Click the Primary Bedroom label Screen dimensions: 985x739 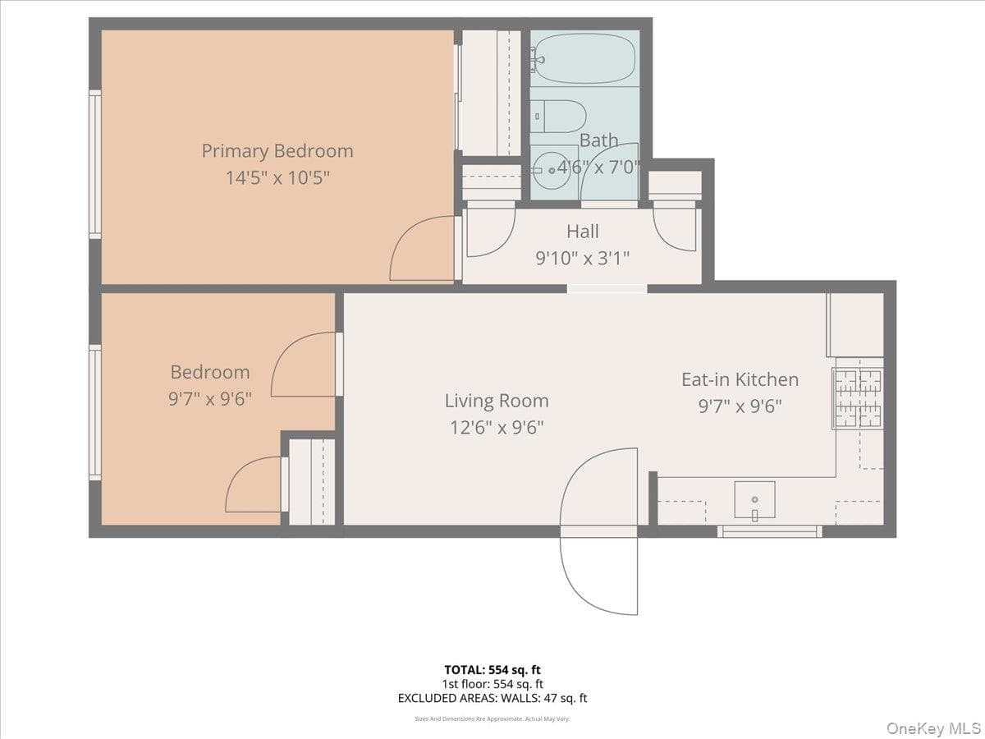pyautogui.click(x=277, y=151)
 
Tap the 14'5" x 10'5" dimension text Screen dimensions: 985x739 pyautogui.click(x=277, y=177)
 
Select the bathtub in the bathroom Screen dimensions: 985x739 pyautogui.click(x=584, y=59)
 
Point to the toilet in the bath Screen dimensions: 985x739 pyautogui.click(x=559, y=117)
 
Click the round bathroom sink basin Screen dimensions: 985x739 pyautogui.click(x=552, y=170)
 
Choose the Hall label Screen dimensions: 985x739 pyautogui.click(x=583, y=232)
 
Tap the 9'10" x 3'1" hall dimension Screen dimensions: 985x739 pyautogui.click(x=583, y=258)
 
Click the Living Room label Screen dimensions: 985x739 pyautogui.click(x=497, y=401)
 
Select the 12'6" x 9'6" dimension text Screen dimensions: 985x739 pyautogui.click(x=497, y=428)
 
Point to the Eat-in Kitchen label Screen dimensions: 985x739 pyautogui.click(x=740, y=379)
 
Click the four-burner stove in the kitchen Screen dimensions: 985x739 pyautogui.click(x=858, y=398)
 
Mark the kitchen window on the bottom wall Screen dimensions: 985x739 pyautogui.click(x=770, y=531)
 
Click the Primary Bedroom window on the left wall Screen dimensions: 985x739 pyautogui.click(x=95, y=164)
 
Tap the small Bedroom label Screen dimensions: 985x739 pyautogui.click(x=210, y=372)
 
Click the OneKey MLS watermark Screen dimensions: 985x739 pyautogui.click(x=934, y=728)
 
